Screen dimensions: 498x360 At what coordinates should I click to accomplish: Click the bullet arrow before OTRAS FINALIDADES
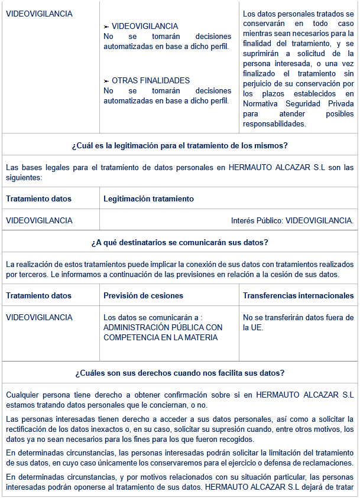click(106, 81)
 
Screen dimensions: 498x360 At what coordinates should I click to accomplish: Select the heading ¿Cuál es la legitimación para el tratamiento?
click(180, 145)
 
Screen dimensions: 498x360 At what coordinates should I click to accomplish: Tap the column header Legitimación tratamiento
click(148, 199)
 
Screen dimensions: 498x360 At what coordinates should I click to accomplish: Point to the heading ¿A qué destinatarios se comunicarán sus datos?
click(180, 242)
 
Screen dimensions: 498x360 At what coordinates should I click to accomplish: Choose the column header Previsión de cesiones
click(143, 295)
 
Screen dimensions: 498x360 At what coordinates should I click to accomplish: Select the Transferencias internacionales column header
click(298, 295)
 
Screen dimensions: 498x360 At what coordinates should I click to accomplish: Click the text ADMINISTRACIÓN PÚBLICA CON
click(163, 327)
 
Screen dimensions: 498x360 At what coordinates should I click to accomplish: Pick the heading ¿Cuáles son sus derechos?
click(180, 373)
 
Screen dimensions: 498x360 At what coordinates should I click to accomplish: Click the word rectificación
click(26, 429)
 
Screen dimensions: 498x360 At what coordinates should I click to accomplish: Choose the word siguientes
click(24, 177)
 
